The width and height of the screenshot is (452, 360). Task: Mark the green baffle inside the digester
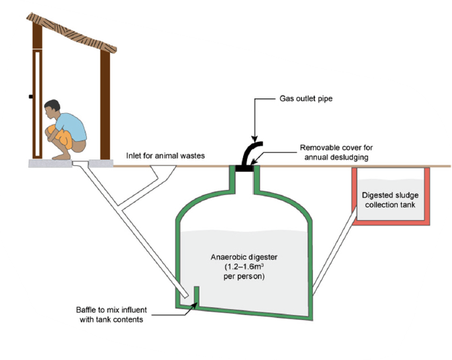(x=197, y=295)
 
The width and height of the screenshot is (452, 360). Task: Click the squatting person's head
(x=52, y=111)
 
